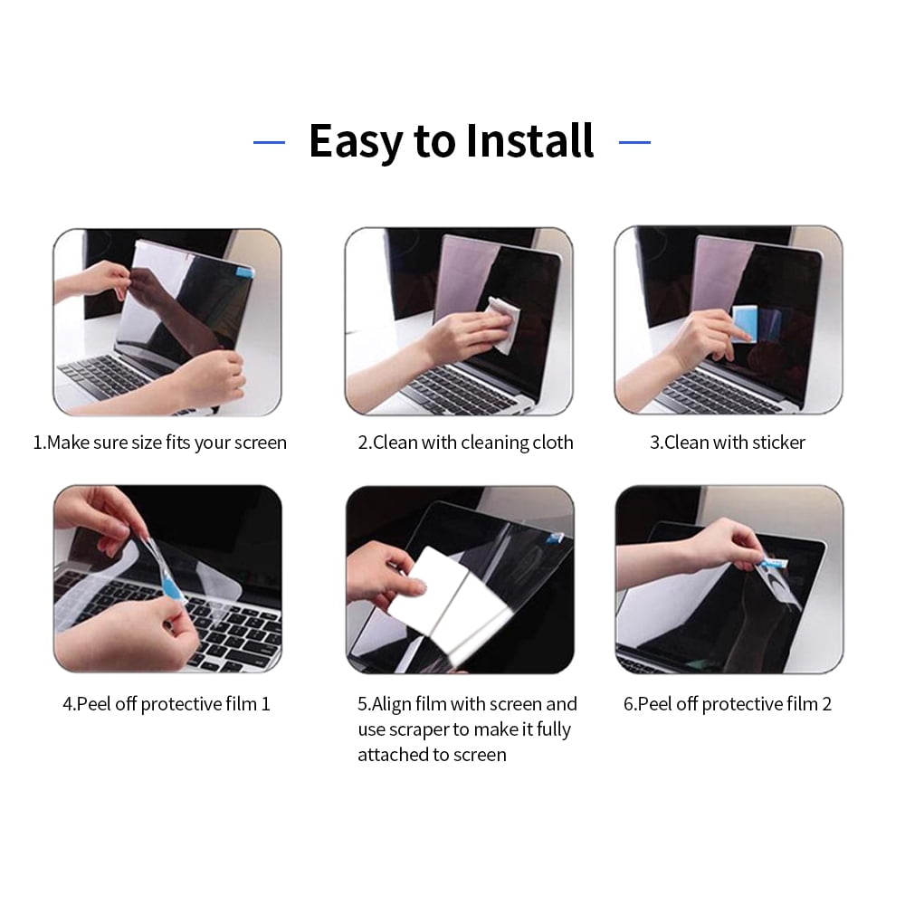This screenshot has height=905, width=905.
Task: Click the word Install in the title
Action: tap(529, 141)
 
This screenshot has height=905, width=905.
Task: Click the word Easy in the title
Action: tap(355, 141)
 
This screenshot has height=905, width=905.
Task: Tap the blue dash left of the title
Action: tap(269, 142)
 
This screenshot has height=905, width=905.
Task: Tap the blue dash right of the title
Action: tap(634, 142)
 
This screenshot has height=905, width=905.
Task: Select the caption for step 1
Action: tap(160, 443)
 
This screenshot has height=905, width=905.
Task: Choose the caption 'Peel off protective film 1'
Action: tap(167, 704)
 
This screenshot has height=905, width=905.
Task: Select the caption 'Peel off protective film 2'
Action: tap(728, 704)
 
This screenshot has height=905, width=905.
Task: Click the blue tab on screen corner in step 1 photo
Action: tap(245, 270)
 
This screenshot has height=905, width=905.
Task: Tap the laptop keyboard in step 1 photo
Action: tap(100, 376)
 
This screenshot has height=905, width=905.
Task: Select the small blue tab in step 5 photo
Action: tap(555, 537)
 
